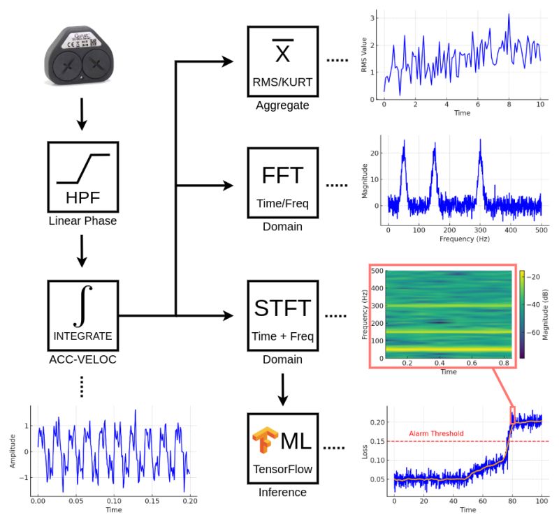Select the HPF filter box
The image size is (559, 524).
[x=82, y=177]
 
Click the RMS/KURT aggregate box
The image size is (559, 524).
[x=282, y=62]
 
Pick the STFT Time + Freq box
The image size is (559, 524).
[x=282, y=315]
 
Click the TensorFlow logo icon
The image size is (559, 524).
[x=264, y=442]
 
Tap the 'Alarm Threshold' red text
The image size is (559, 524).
[x=435, y=433]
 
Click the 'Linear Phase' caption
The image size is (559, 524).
[x=82, y=221]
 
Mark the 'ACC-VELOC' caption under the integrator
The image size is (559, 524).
[x=82, y=359]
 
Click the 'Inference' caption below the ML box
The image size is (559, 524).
[x=282, y=493]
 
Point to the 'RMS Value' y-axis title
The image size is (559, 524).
[x=363, y=55]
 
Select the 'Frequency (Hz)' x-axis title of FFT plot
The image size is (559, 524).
[x=465, y=239]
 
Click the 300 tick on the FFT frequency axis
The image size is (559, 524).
[x=480, y=229]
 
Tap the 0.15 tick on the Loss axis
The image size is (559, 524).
[x=375, y=441]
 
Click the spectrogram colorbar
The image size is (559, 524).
[x=523, y=314]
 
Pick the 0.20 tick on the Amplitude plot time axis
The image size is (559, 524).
[x=189, y=500]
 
